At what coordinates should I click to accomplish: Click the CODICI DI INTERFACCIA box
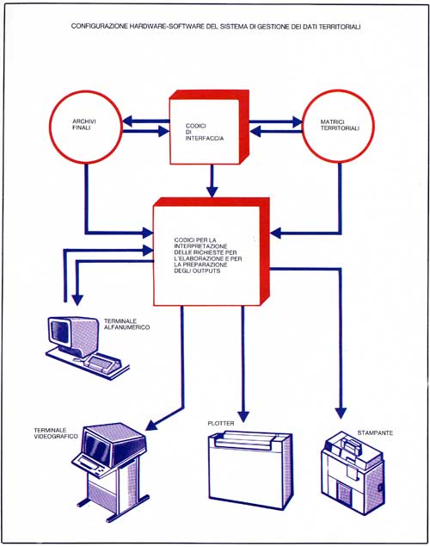click(209, 127)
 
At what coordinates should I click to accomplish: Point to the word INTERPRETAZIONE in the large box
click(200, 246)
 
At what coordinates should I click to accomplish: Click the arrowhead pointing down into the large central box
click(212, 191)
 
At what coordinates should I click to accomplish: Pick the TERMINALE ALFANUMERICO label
click(126, 324)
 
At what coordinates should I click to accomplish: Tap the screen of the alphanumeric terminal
click(59, 331)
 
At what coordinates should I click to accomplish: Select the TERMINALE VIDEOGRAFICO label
click(56, 433)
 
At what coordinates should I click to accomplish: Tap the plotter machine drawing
click(250, 468)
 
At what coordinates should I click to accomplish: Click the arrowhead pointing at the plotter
click(243, 416)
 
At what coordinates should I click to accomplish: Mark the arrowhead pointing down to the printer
click(341, 413)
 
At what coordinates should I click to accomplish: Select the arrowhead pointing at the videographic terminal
click(151, 425)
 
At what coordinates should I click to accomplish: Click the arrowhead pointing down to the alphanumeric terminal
click(77, 301)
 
